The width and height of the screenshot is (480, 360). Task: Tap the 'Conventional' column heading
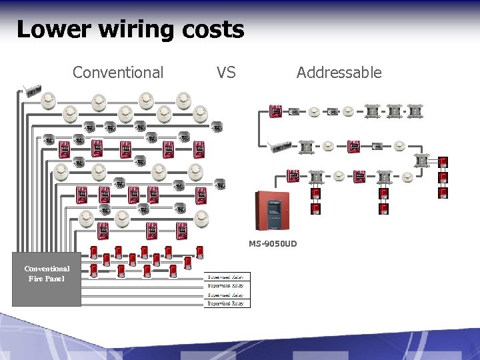coord(118,72)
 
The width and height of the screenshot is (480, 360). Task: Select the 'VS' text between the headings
coord(226,72)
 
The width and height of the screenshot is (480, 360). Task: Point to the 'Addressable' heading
coord(339,72)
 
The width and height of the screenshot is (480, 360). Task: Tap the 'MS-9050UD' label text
coord(273,244)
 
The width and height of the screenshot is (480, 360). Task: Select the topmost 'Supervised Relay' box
coord(226,277)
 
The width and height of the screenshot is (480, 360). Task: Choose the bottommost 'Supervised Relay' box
coord(226,303)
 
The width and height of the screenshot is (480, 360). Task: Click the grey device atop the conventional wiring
coord(32,91)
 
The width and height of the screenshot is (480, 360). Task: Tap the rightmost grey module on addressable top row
coord(415,111)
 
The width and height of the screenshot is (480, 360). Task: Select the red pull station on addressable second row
coord(354,145)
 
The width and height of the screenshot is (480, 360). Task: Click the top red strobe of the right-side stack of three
coord(443,162)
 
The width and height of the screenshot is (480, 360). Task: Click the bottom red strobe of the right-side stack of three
coord(443,193)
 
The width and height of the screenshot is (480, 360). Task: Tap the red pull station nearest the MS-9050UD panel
coord(293,176)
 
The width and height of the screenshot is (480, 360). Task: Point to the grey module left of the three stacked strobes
coord(421,160)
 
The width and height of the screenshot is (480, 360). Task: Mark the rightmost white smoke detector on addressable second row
coord(399,145)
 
